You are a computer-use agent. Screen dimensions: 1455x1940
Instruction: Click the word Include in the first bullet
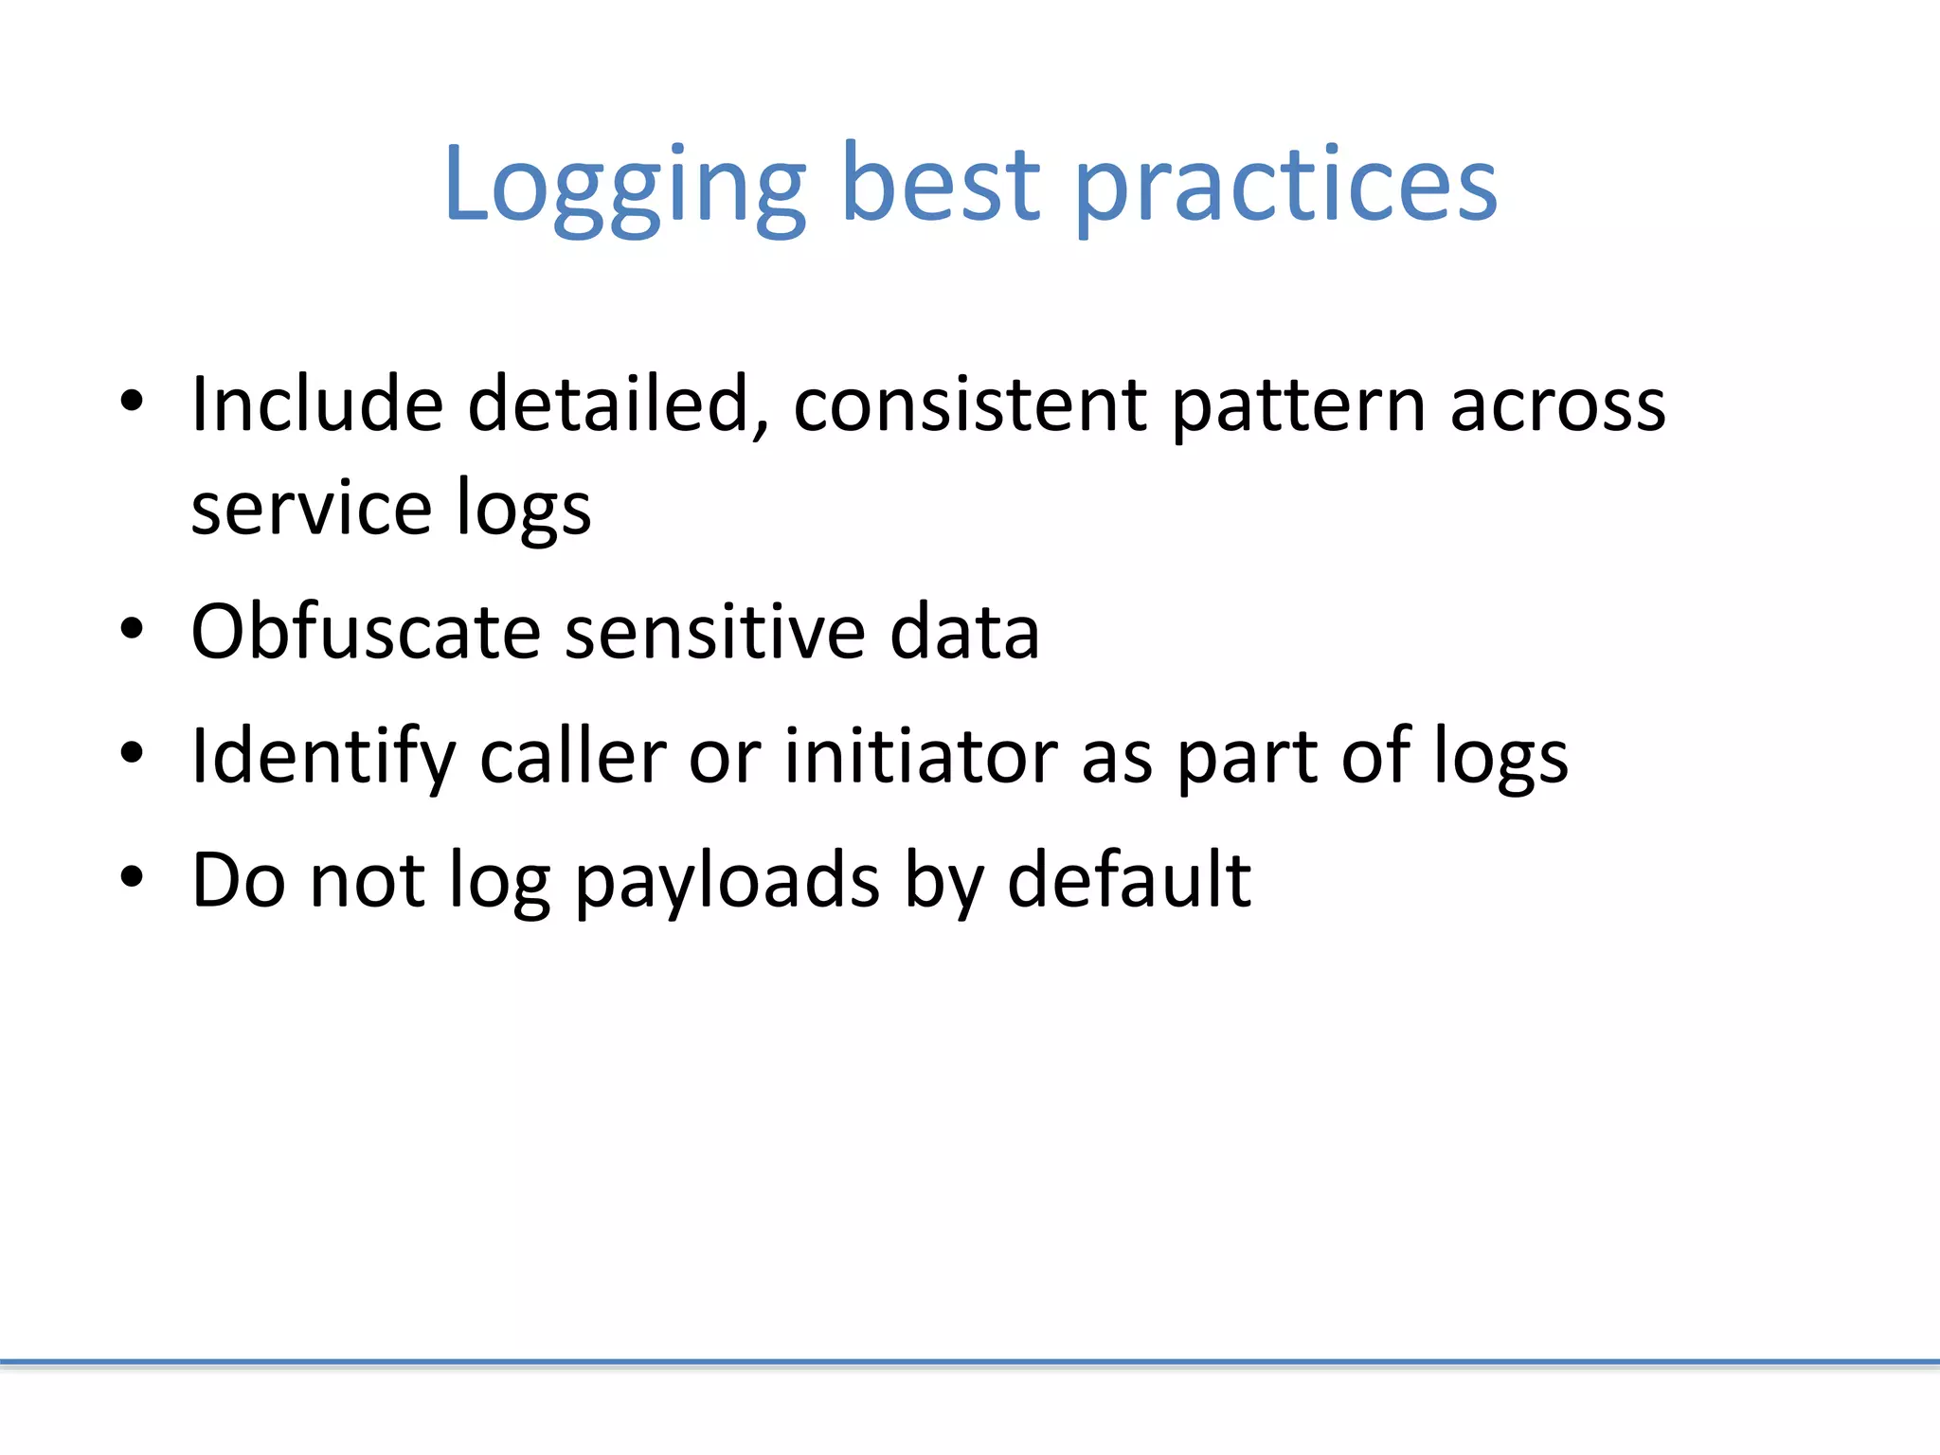[x=317, y=404]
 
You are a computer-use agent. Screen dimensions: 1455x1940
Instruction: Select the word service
[x=311, y=509]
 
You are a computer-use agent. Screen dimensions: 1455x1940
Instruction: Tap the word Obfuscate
[x=366, y=632]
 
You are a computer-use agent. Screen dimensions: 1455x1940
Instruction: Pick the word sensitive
[x=715, y=632]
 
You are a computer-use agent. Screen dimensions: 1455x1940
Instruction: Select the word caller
[x=573, y=756]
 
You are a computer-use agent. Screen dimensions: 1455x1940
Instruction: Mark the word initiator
[x=921, y=756]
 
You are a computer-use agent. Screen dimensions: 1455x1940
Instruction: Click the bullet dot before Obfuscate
[x=132, y=630]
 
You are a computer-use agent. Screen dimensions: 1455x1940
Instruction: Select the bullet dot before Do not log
[x=132, y=877]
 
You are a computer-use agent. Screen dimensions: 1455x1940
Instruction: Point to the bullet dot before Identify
[x=132, y=754]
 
